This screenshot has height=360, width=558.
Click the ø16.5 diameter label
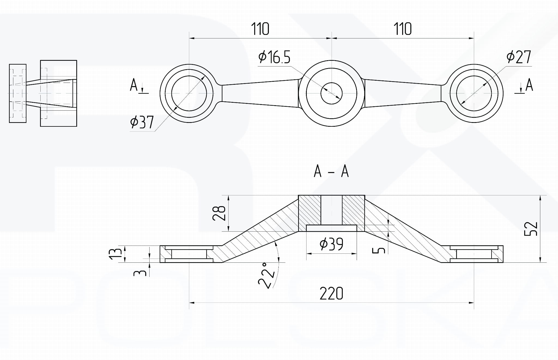[274, 57]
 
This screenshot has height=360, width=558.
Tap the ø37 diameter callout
[142, 122]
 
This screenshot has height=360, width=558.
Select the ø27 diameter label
[519, 57]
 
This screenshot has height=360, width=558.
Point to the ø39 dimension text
[331, 244]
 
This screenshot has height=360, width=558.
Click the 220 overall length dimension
[331, 294]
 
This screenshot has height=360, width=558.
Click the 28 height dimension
[219, 213]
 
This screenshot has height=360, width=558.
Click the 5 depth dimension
[379, 250]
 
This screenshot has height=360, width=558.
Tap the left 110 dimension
[260, 29]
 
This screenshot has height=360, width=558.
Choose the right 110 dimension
[402, 29]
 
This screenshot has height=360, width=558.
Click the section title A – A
[331, 171]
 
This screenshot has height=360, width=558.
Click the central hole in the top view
[331, 93]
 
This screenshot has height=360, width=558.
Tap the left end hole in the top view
[189, 93]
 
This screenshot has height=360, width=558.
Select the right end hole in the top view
[474, 93]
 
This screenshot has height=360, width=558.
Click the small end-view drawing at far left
[43, 93]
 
